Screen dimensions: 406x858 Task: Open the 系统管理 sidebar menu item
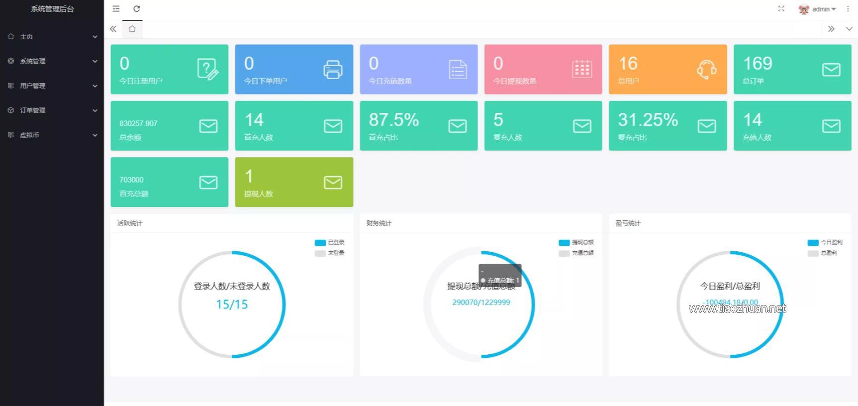[x=32, y=61]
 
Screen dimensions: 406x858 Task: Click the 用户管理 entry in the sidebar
[x=32, y=86]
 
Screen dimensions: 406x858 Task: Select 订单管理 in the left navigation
[x=32, y=110]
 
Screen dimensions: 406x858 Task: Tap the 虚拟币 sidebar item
[x=29, y=135]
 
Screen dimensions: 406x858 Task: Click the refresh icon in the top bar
[x=137, y=9]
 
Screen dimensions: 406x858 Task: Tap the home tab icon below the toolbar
[x=132, y=29]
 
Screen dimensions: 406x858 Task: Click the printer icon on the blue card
[x=333, y=70]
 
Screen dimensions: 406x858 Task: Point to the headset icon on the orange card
[x=706, y=70]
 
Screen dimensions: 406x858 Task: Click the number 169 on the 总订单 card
[x=758, y=64]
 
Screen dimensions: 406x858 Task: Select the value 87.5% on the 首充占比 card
[x=393, y=120]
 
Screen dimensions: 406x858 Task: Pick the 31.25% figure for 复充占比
[x=648, y=120]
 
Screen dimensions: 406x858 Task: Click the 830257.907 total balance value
[x=138, y=123]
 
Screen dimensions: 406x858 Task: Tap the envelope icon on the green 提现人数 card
[x=333, y=183]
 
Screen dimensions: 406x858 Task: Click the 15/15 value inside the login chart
[x=232, y=304]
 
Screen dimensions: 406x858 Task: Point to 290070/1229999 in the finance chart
[x=481, y=303]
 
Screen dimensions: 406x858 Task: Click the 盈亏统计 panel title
[x=628, y=223]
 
